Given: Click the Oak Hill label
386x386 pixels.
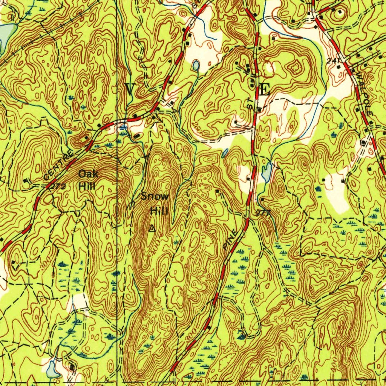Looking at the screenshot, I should click(88, 180).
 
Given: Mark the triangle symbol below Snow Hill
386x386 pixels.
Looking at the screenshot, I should click(152, 228).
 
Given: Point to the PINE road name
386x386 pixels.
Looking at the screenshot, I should click(231, 239).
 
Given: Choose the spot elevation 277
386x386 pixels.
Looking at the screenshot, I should click(263, 213).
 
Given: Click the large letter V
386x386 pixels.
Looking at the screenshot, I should click(130, 90).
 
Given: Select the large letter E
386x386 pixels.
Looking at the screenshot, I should click(265, 90).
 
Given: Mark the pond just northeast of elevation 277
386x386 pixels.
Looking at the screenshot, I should click(267, 172).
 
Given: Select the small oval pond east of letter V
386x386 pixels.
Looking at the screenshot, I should click(196, 66).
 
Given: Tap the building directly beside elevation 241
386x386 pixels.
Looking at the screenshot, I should click(339, 67).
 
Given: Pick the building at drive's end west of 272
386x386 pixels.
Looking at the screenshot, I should click(25, 181).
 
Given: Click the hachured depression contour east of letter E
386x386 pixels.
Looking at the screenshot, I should click(295, 68).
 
